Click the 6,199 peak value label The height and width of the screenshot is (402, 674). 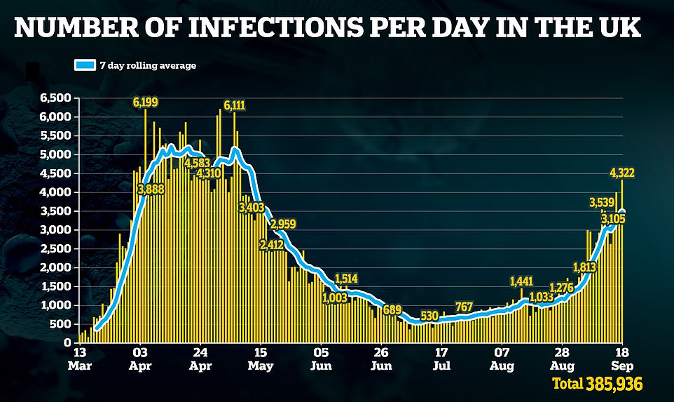(146, 102)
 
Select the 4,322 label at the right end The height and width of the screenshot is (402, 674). (623, 173)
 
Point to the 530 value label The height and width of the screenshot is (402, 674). (429, 314)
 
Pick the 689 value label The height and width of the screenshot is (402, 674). (392, 309)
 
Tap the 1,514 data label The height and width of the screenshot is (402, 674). (347, 278)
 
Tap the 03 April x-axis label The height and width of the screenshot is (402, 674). (140, 357)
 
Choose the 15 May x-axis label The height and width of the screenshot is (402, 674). (260, 357)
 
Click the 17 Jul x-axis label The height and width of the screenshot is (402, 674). (441, 357)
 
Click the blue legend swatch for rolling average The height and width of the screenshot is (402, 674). (84, 65)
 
